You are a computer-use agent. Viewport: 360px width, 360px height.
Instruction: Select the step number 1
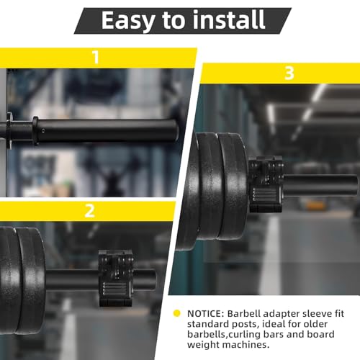pos(96,58)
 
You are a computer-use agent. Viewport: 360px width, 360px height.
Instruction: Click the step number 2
pos(90,211)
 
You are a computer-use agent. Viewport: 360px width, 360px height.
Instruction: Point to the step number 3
pos(289,73)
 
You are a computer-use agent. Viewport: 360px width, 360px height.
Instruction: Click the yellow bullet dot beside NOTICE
pos(176,313)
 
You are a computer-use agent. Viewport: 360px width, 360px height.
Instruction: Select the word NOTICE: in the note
pos(205,314)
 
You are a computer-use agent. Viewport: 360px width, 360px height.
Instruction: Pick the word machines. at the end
pos(245,345)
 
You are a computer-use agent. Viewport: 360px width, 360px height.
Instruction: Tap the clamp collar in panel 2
pos(116,279)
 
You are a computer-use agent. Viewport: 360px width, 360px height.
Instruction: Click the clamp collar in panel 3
pos(266,184)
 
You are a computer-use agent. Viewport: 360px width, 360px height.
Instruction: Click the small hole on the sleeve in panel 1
pos(43,131)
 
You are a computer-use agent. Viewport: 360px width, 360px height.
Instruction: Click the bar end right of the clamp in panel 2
pos(145,279)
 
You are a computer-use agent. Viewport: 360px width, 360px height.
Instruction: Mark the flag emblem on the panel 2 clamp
pos(115,289)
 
